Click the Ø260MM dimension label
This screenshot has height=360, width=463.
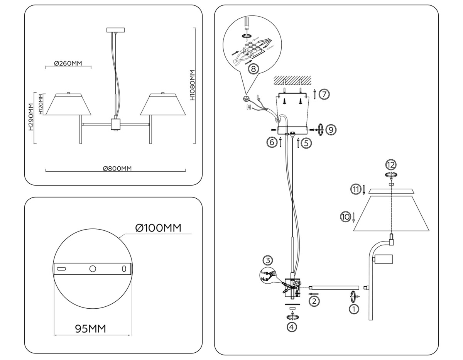point(68,64)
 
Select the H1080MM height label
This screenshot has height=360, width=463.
point(193,85)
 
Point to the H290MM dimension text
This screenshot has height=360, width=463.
point(31,117)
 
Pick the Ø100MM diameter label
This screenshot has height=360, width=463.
point(158,228)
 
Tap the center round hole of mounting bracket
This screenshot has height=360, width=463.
point(92,269)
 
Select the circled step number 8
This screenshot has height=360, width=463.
point(253,69)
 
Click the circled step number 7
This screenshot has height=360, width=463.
point(324,94)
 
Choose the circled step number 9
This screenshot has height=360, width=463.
point(331,130)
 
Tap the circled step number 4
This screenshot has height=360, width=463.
point(292,327)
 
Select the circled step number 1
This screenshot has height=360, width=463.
point(353,309)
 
